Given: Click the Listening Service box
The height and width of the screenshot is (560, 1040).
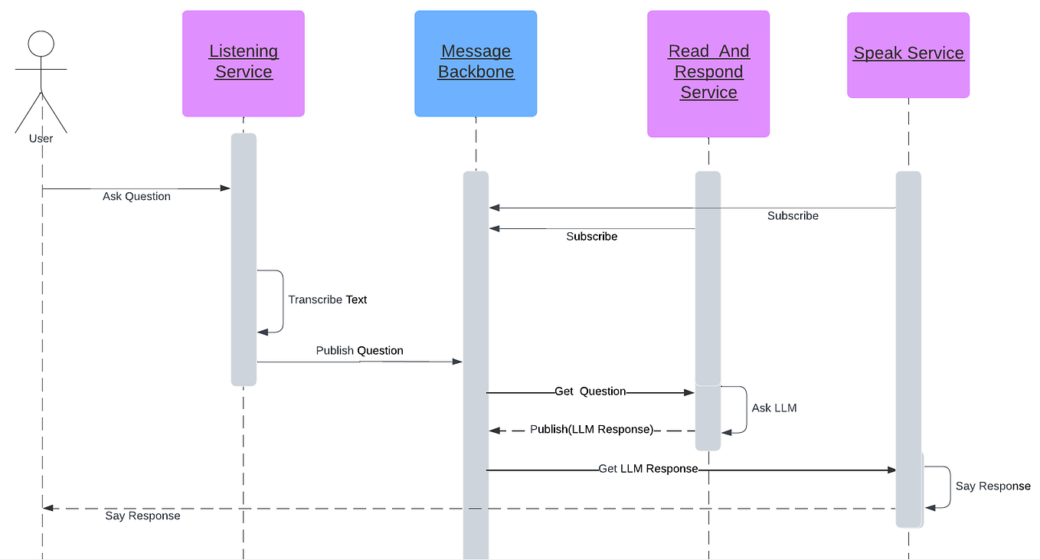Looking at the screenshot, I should coord(244,64).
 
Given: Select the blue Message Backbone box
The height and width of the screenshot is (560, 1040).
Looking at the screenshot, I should coord(476,64).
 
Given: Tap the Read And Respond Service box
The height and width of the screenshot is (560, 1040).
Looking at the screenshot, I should coord(708,74).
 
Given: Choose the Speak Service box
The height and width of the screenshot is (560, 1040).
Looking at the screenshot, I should coord(908,54).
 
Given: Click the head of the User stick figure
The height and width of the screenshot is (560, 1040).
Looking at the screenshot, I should coord(41,44).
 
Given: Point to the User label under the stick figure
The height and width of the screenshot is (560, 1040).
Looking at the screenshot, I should coord(41,139).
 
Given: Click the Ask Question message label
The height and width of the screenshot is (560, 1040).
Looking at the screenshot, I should coord(136,197).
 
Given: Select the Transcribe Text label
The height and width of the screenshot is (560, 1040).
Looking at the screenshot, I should coord(328,300).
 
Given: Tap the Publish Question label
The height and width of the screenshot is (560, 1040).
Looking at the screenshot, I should coord(359,351).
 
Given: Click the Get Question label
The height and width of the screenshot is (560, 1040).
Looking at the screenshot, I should coord(590,391).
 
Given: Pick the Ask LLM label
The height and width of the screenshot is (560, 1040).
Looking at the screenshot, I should coord(774,408).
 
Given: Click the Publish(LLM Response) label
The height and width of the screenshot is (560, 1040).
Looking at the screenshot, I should coord(591,430).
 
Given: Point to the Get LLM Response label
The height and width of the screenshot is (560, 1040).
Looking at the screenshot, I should coord(648,469).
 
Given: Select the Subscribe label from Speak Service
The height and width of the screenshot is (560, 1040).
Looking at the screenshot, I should coord(793,216).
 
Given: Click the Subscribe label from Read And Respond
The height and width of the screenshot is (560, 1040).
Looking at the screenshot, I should coord(591,237).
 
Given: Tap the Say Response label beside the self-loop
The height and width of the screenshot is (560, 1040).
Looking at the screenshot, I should coord(993,486).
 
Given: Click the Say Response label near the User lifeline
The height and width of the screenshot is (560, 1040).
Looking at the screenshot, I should coord(142,516).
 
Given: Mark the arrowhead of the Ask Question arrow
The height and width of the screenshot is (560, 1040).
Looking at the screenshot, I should coord(226,188).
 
